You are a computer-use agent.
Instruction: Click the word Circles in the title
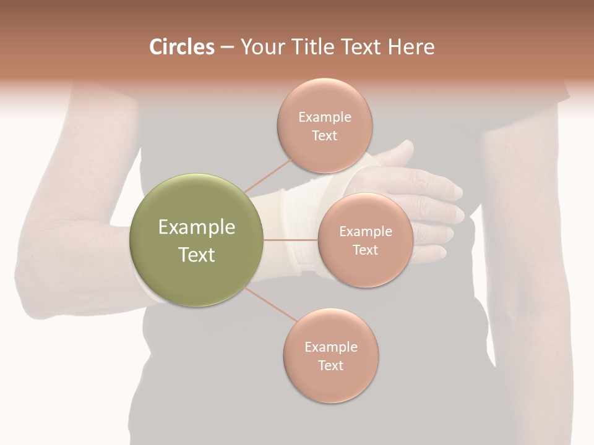182,47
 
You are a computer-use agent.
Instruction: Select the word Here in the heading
411,47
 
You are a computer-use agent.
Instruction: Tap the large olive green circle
197,240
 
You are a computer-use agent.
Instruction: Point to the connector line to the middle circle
291,240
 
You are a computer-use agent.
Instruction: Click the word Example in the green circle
197,227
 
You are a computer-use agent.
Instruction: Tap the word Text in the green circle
197,255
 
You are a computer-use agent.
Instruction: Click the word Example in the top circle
324,117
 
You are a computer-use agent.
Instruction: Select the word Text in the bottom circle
330,365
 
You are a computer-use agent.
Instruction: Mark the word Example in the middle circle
366,232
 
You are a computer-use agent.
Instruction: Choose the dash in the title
227,48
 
